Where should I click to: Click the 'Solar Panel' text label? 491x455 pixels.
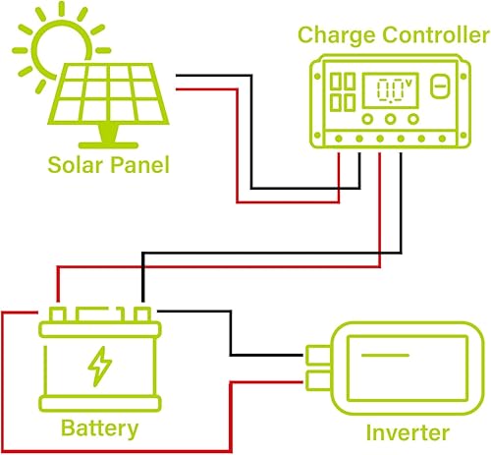[108, 164]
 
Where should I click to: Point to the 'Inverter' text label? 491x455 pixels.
[408, 432]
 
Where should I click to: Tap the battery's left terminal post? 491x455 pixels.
[61, 313]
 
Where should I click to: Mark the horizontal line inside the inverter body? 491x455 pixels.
[407, 353]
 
